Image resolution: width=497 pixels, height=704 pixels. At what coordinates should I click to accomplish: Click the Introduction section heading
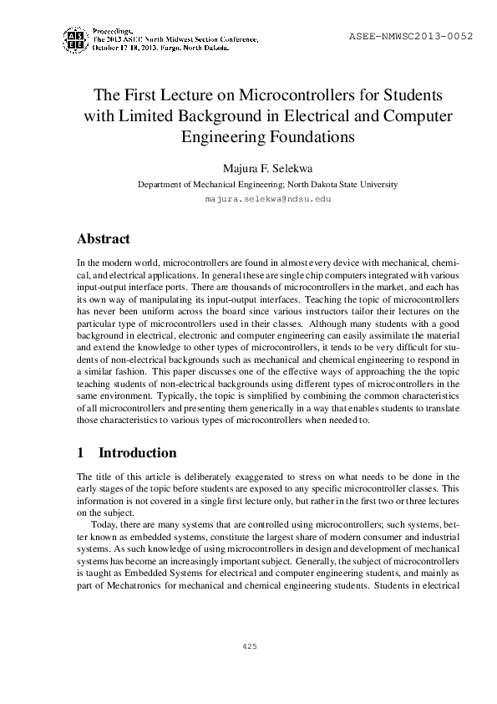(x=138, y=453)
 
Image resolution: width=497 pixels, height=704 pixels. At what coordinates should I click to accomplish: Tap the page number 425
(x=248, y=646)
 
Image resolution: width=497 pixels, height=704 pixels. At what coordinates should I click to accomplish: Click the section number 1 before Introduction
(x=80, y=453)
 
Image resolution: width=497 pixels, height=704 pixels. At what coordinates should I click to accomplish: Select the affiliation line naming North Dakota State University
(x=268, y=184)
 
